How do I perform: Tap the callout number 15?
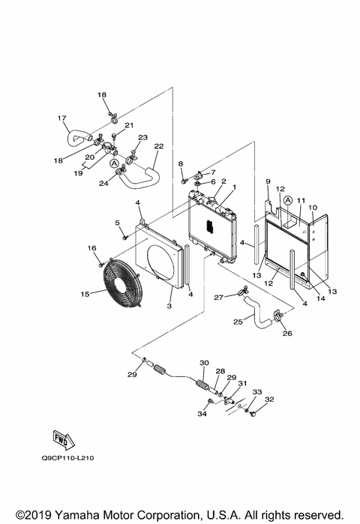pos(85,294)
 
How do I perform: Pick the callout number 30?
pos(203,364)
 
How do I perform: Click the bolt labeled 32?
pos(252,414)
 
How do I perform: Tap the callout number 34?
pos(201,413)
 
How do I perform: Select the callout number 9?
pos(268,181)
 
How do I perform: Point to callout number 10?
pos(313,206)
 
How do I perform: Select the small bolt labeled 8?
pos(182,179)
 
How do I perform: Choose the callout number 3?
pos(169,307)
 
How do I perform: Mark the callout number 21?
pos(128,125)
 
